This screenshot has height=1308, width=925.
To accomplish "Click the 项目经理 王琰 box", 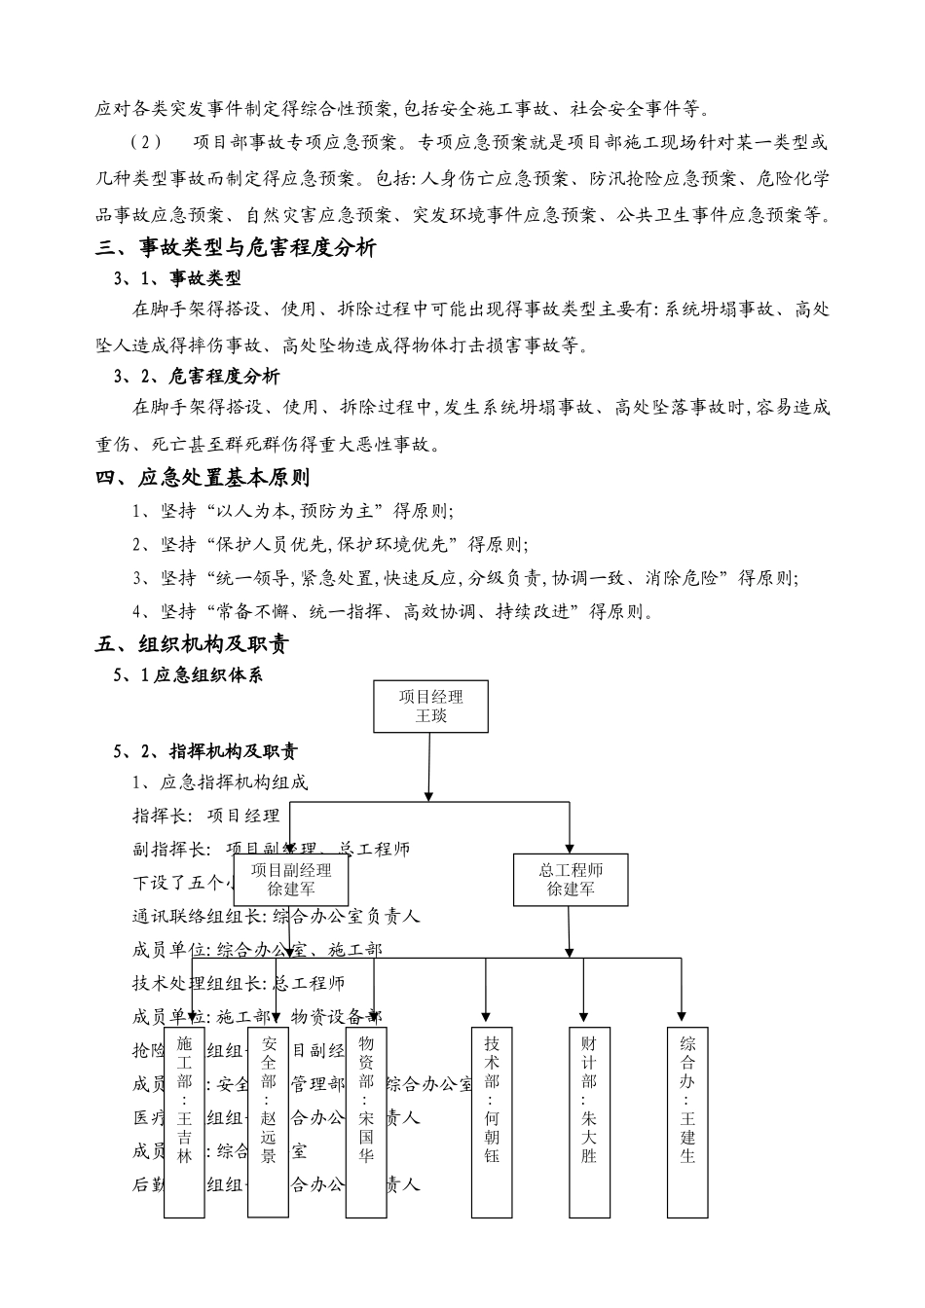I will click(430, 707).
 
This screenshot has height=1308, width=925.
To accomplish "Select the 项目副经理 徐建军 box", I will click(291, 880).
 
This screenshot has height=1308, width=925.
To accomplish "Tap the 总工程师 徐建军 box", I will click(571, 880).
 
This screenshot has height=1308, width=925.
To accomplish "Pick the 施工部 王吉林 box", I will click(184, 1121).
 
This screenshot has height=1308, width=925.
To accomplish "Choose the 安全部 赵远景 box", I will click(269, 1121).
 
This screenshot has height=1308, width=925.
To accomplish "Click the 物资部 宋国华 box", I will click(366, 1121).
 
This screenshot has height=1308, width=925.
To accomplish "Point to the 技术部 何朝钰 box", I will click(491, 1121).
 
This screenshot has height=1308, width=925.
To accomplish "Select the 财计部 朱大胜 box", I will click(588, 1121).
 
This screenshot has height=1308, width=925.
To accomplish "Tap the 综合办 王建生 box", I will click(687, 1121).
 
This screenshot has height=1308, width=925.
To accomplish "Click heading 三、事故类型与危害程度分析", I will click(236, 248).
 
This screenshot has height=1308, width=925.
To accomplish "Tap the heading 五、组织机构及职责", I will click(193, 644).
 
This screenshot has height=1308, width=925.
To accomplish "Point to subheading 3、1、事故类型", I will click(177, 279).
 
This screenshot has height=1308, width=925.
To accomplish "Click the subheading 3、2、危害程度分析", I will click(197, 377).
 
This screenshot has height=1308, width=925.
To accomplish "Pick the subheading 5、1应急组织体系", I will click(188, 674).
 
